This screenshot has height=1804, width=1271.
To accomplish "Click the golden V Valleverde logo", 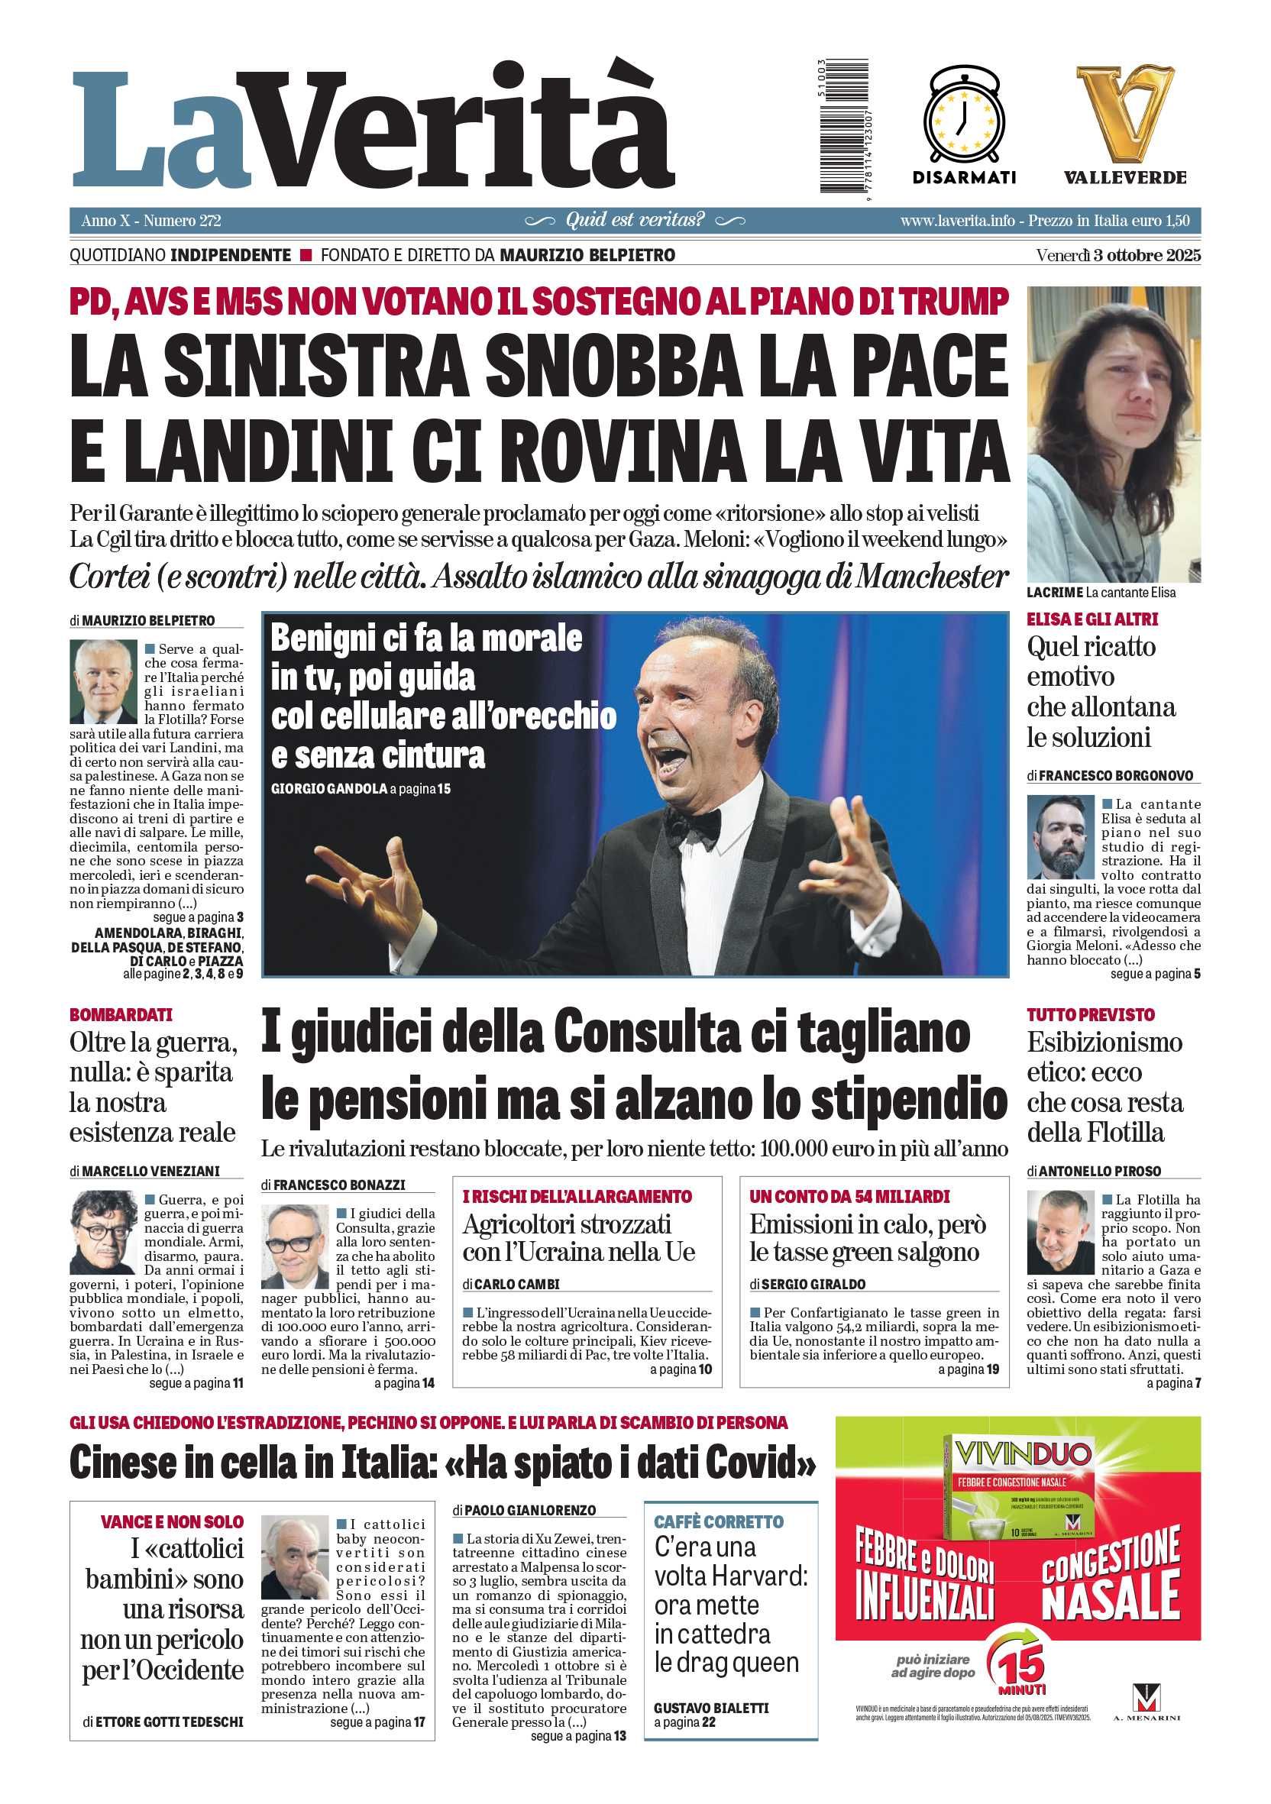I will [1125, 113].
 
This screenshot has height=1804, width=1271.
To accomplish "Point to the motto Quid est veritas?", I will [635, 220].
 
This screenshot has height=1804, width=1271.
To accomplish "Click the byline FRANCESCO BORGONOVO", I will [1115, 775].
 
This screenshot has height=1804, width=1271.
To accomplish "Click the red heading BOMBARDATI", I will [121, 1014].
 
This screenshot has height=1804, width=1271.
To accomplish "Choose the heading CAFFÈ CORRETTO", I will [718, 1522].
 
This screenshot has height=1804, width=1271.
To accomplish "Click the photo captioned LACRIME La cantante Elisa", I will [1113, 434].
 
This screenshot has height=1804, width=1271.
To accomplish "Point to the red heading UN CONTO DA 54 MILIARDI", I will [849, 1197].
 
